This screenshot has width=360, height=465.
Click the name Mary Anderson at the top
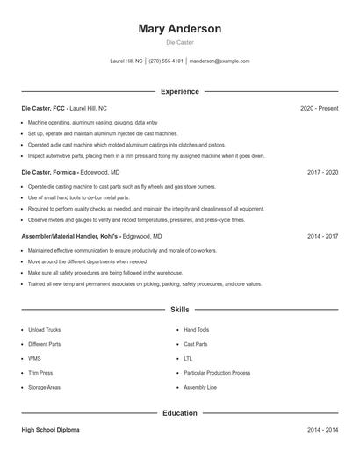180,29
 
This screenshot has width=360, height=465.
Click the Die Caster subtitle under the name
180,43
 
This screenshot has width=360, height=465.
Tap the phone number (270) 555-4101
166,61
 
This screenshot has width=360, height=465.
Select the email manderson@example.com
220,61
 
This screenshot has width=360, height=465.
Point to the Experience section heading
180,91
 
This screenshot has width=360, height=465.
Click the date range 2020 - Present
319,108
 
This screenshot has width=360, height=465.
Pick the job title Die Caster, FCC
43,108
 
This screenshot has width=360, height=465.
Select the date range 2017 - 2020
322,173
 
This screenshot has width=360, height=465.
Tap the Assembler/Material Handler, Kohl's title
70,237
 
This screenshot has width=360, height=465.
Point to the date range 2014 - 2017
322,237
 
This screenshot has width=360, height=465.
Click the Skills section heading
180,309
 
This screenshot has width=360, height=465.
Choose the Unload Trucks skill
44,330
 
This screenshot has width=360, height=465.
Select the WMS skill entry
34,358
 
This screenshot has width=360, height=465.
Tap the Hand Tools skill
197,330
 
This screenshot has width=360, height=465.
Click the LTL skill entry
188,358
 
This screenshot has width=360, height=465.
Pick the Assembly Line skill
200,387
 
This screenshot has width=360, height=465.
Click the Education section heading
180,412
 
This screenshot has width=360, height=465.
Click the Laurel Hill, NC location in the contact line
126,61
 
